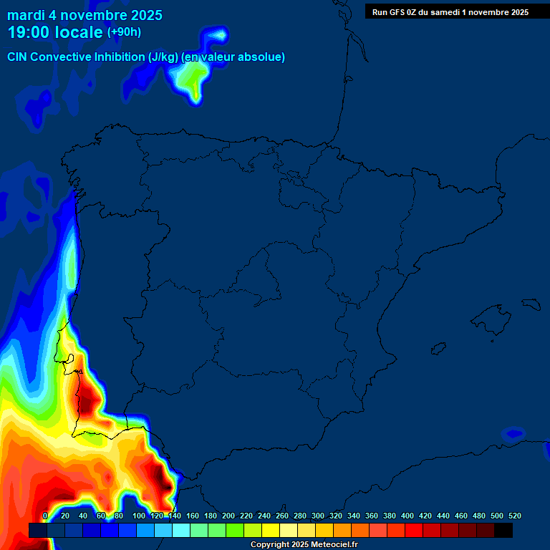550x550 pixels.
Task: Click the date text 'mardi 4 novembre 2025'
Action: tap(85, 15)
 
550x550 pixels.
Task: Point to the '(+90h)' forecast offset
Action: tap(124, 32)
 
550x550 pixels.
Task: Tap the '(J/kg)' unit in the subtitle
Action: tap(164, 57)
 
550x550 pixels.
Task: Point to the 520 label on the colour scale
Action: tap(514, 516)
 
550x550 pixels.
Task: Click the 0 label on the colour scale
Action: tap(45, 516)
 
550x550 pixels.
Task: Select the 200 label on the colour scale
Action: tap(228, 516)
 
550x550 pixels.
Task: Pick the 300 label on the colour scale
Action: tap(317, 516)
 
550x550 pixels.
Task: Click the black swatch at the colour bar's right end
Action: tap(503, 530)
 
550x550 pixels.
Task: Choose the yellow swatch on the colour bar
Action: tap(271, 530)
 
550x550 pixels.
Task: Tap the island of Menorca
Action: tap(532, 304)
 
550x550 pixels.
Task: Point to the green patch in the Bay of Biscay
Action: tap(192, 82)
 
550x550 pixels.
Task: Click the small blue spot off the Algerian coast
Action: tap(513, 433)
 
